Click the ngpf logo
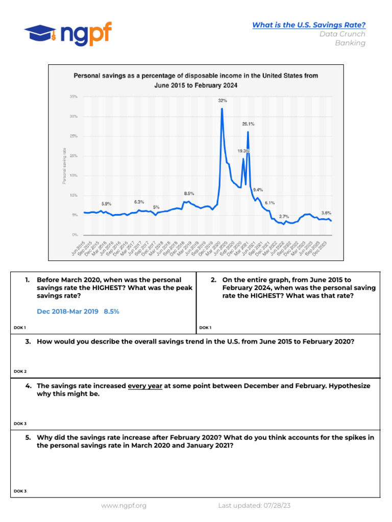(68, 34)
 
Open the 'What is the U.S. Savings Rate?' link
(309, 25)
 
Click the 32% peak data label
(223, 100)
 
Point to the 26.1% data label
(248, 124)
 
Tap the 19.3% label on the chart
(243, 151)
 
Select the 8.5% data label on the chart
(189, 194)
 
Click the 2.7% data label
(284, 217)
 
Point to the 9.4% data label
(258, 190)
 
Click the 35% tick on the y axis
(73, 96)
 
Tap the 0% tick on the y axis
(75, 235)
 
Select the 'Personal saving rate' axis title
(64, 166)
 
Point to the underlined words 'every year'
(145, 386)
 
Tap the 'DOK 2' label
(20, 372)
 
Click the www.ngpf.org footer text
(124, 506)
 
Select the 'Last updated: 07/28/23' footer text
(254, 506)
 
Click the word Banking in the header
(350, 43)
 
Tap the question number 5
(28, 437)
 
